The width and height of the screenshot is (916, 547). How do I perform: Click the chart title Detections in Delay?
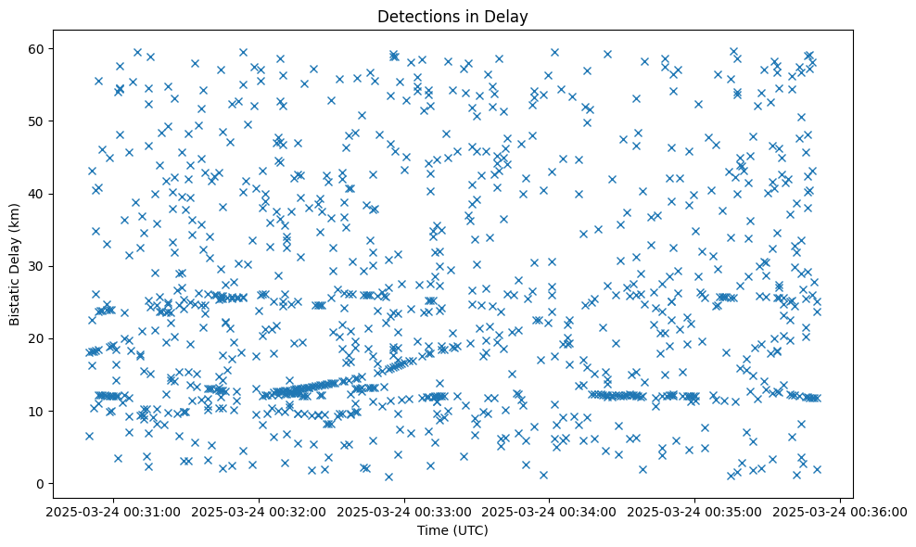[x=453, y=16]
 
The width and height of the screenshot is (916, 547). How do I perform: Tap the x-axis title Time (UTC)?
[x=453, y=530]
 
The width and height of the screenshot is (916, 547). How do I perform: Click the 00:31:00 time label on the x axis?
[x=114, y=511]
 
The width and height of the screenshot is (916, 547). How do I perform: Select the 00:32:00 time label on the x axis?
[x=260, y=511]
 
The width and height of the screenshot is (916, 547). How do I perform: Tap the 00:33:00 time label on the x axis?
[x=404, y=511]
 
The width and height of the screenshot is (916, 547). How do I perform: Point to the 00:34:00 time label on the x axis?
[x=550, y=511]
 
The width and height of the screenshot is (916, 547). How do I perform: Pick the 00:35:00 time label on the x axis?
[x=695, y=511]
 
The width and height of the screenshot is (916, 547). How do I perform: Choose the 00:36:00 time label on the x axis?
[x=840, y=511]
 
